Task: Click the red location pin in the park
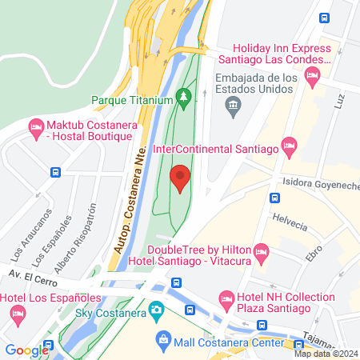click(181, 178)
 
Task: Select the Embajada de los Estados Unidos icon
click(231, 105)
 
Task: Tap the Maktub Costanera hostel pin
click(35, 127)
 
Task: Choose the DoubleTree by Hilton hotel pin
click(260, 255)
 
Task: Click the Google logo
click(26, 350)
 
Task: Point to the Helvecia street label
click(289, 225)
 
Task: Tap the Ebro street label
click(313, 253)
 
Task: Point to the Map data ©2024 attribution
click(325, 353)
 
